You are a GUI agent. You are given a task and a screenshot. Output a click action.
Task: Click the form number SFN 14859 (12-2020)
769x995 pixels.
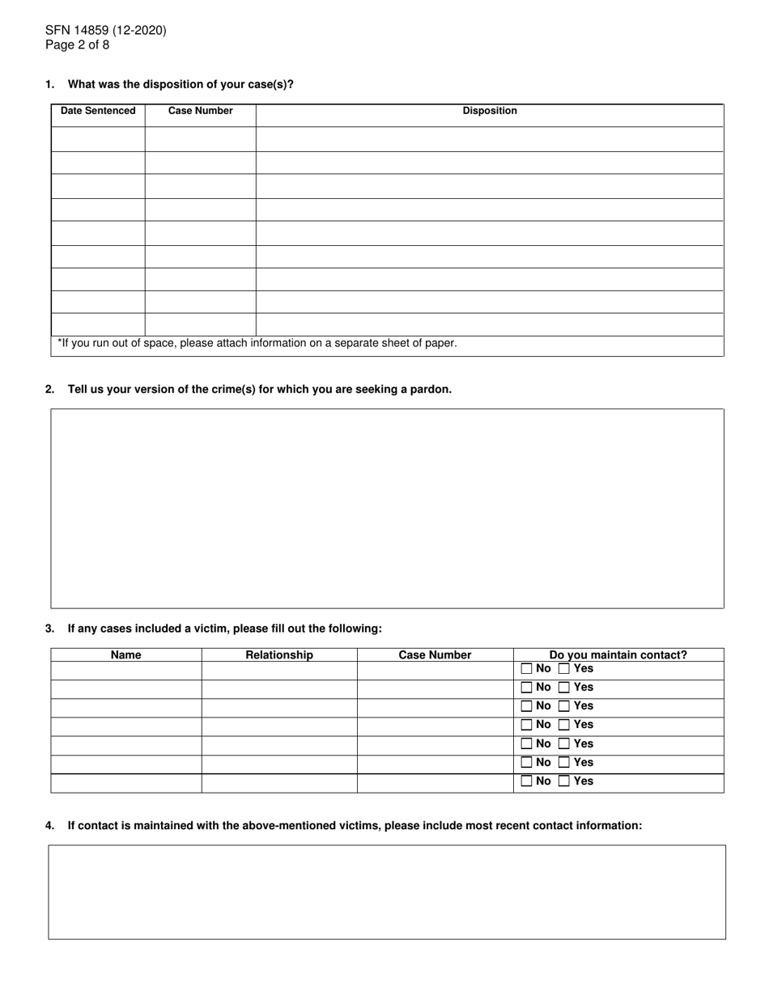[105, 31]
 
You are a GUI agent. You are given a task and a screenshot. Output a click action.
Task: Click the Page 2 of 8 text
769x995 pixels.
[77, 45]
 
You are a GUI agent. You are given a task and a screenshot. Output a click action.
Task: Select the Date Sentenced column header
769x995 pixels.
[98, 111]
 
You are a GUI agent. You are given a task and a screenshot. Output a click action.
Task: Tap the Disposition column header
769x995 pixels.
[489, 111]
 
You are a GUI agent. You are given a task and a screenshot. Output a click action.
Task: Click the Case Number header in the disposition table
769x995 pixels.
[200, 111]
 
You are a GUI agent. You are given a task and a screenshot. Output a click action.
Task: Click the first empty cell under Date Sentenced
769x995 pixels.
[98, 138]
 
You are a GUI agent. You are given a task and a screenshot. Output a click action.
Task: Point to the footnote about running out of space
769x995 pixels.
[257, 343]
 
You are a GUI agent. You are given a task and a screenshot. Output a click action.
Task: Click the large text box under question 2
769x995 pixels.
[387, 508]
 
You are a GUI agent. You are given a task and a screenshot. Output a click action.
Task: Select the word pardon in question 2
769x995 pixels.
[431, 389]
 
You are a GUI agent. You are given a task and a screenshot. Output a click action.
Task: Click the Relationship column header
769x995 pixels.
[279, 655]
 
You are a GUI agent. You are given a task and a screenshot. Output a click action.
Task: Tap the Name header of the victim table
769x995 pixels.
[125, 655]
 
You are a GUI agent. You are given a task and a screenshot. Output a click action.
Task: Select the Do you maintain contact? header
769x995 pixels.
[618, 655]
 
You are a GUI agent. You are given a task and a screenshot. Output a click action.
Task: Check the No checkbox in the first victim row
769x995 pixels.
[527, 669]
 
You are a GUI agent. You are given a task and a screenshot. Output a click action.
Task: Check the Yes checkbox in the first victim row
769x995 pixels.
[564, 669]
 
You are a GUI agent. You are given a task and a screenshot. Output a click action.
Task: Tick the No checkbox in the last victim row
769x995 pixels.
[527, 781]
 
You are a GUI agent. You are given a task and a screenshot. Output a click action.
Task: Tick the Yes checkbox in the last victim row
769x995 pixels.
[564, 781]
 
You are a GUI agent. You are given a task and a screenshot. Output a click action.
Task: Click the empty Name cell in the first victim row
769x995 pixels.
[125, 670]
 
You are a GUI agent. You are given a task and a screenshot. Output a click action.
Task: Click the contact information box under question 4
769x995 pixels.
[387, 891]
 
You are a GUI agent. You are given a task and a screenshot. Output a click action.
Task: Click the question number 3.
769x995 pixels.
[50, 629]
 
